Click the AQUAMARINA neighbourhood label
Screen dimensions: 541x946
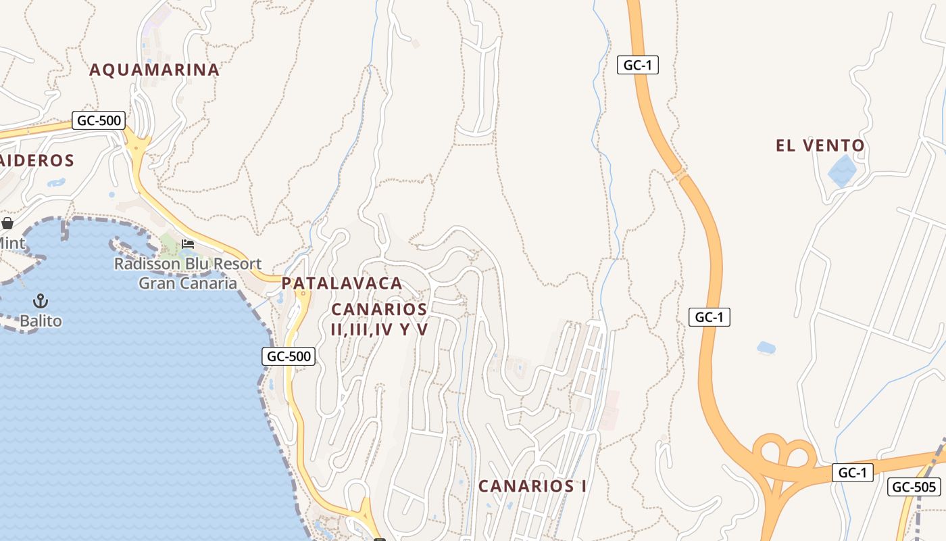pos(154,70)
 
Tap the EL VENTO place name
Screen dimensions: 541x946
pos(820,145)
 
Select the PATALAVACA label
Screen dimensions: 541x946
pos(342,283)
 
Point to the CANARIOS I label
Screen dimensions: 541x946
pos(532,486)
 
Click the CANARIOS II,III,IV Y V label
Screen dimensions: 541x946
pos(380,319)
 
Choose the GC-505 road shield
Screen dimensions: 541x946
pos(914,487)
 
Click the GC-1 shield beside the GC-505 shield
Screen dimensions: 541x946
pos(851,472)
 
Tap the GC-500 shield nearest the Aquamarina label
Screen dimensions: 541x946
pos(99,121)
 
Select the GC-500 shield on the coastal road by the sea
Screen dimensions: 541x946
pos(289,356)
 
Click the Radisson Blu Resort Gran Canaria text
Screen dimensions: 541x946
pos(187,273)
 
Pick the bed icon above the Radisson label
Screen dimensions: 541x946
pos(188,243)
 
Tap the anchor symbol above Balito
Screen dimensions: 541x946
pos(41,300)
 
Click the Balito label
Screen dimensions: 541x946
pos(41,321)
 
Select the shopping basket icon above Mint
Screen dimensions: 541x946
pos(7,222)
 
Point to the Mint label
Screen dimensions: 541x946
pos(11,243)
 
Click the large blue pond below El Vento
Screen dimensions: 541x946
pos(842,170)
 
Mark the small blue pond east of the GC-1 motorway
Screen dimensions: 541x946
pos(766,348)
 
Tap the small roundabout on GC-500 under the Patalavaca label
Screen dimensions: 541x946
pos(303,293)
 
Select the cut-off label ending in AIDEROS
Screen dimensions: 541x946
pos(36,160)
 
